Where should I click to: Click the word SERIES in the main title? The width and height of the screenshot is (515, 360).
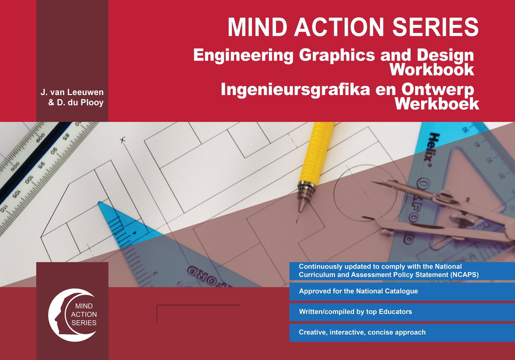click(435, 27)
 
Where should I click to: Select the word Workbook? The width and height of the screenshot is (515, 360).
click(432, 70)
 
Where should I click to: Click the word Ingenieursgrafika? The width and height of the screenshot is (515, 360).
click(295, 89)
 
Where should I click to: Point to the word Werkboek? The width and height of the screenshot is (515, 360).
click(437, 104)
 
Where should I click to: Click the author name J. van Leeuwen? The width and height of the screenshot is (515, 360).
click(72, 92)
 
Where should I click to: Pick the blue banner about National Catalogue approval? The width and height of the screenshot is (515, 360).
click(402, 291)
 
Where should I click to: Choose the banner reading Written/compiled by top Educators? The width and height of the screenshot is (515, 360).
click(402, 312)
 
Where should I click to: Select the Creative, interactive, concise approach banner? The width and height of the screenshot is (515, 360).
click(402, 332)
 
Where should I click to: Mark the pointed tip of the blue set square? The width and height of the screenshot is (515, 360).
click(100, 204)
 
